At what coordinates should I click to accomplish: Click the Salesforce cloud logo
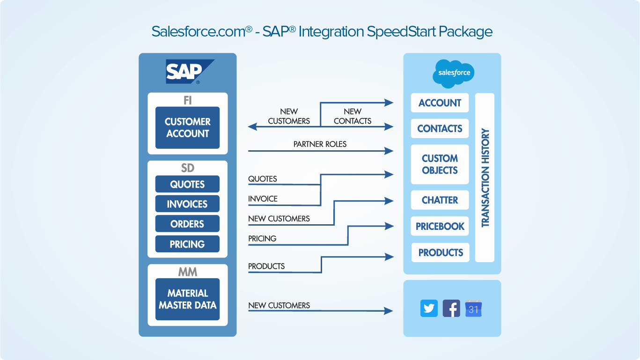click(454, 73)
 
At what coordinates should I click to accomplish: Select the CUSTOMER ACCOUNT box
click(187, 127)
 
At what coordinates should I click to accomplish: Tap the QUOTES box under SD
click(187, 184)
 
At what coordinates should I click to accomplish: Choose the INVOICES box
click(187, 204)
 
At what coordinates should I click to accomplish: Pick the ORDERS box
click(187, 224)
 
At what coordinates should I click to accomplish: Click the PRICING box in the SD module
click(187, 244)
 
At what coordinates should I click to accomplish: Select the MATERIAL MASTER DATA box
click(187, 299)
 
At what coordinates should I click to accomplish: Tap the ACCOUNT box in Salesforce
click(440, 103)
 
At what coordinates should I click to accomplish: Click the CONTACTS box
click(440, 128)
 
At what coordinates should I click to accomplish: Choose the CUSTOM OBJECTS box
click(440, 164)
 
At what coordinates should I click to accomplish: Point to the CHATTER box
click(440, 200)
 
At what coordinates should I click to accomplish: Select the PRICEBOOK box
click(440, 226)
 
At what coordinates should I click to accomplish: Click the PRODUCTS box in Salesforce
click(440, 252)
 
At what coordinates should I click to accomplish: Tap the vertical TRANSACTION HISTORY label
click(485, 178)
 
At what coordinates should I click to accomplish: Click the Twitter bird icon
click(429, 309)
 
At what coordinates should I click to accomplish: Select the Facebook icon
click(451, 309)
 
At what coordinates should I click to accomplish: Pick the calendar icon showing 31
click(473, 309)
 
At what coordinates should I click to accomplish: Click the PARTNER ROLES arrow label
click(320, 144)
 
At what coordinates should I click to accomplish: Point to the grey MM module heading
click(187, 272)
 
